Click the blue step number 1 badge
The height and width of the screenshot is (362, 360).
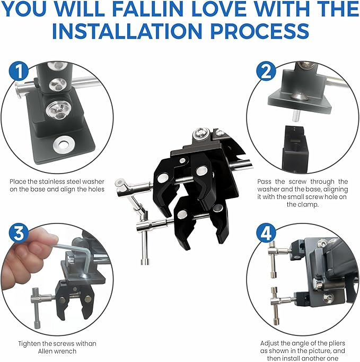point(19,71)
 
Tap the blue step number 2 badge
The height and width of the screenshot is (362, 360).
point(266,71)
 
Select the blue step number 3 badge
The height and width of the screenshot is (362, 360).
point(19,233)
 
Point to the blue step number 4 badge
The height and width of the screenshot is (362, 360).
point(266,233)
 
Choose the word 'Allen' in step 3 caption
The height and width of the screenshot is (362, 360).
point(46,351)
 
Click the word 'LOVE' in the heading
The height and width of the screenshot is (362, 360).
point(219,9)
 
